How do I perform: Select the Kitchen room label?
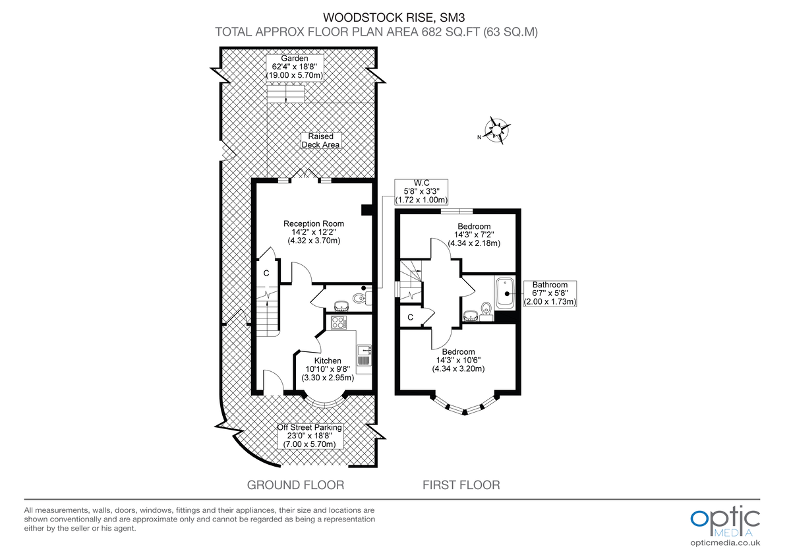coord(328,369)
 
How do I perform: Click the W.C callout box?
coord(421,191)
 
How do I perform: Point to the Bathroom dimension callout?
coord(550,293)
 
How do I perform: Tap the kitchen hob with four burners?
coord(339,322)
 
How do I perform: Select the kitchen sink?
coord(364,355)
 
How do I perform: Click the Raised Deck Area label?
coord(321,140)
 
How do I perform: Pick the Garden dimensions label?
coord(295,67)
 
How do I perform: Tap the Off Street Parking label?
coord(310,436)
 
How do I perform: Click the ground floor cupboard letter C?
coord(266,273)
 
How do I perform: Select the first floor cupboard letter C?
coord(410,317)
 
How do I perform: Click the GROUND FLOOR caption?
coord(295,485)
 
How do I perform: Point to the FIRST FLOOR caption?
coord(461,485)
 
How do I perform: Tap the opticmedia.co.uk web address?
coord(725,543)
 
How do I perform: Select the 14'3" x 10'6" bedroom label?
coord(458,360)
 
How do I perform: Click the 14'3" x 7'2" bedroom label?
coord(474,235)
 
